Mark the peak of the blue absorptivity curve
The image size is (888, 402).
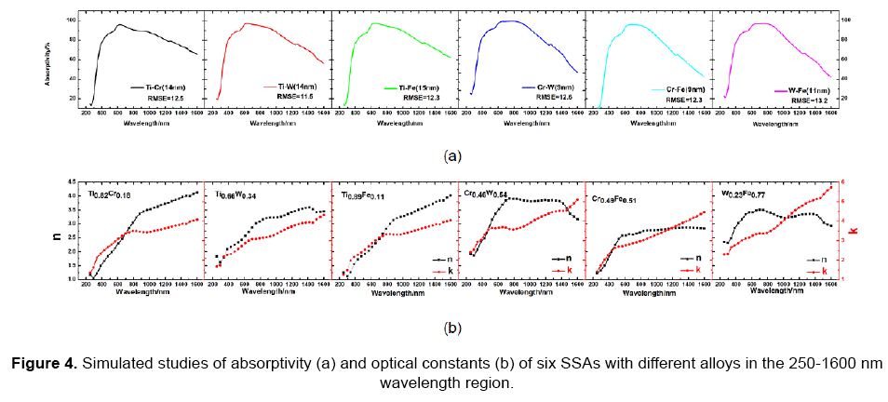pyautogui.click(x=510, y=20)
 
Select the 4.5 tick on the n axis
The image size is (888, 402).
pyautogui.click(x=69, y=182)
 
